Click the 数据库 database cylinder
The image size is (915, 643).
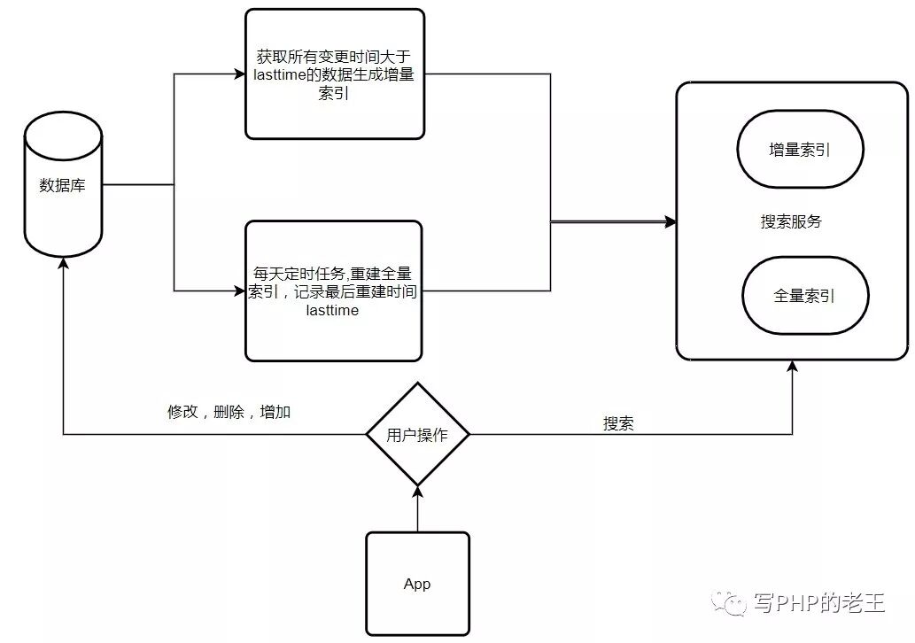click(x=63, y=186)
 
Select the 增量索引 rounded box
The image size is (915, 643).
click(x=800, y=150)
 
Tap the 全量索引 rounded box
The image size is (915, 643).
click(x=804, y=296)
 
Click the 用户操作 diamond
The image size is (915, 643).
click(x=417, y=435)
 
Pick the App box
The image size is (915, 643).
click(x=417, y=584)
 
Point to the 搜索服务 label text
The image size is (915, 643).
click(x=791, y=221)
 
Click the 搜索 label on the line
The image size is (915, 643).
click(x=618, y=423)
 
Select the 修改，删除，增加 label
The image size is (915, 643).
click(x=229, y=412)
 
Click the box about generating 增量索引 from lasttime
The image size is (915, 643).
click(x=334, y=74)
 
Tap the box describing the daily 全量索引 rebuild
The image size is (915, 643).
click(x=333, y=291)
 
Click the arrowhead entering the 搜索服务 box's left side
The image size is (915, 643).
click(x=670, y=221)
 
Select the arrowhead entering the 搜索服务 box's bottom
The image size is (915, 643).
click(x=792, y=367)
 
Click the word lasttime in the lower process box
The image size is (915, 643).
click(x=332, y=311)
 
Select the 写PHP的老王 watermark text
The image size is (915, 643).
click(x=819, y=603)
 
